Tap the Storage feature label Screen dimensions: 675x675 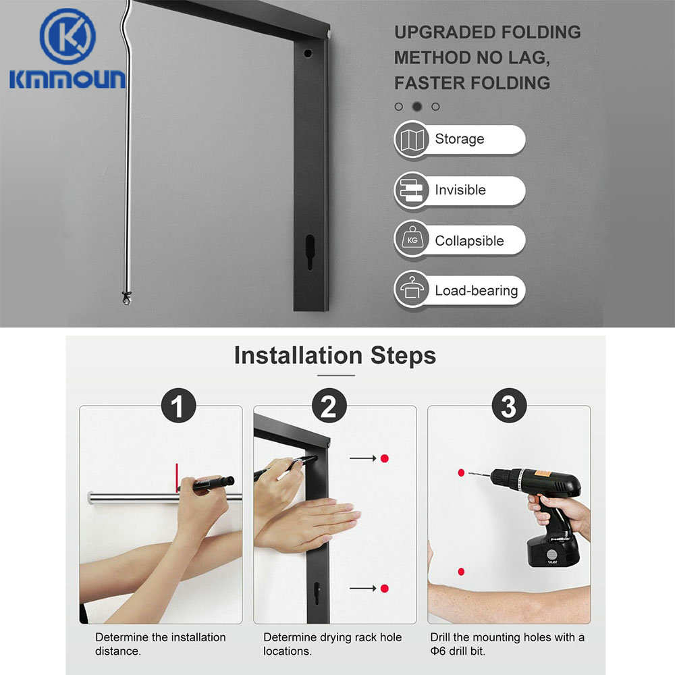[x=459, y=139]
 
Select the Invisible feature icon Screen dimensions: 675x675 [x=412, y=190]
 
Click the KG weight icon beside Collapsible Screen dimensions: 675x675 [x=412, y=240]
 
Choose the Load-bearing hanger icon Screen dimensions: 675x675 [x=412, y=290]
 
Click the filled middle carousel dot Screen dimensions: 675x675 [x=417, y=106]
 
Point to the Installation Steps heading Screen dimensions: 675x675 [x=335, y=355]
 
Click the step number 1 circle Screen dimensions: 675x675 [x=177, y=407]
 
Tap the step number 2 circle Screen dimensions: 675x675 [x=329, y=407]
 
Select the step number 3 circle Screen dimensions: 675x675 [x=508, y=407]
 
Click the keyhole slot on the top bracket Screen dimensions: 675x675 [x=310, y=251]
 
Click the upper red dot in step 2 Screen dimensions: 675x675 [x=384, y=458]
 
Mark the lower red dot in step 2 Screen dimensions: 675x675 [x=384, y=589]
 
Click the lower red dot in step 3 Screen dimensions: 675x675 [x=461, y=572]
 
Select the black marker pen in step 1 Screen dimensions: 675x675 [x=212, y=483]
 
